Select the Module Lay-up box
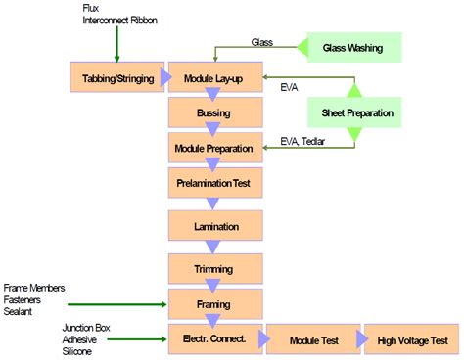tap(215, 78)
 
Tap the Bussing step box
tap(215, 113)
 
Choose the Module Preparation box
tap(215, 150)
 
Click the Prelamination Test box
tap(215, 183)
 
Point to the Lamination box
tap(215, 227)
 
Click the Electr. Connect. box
tap(215, 340)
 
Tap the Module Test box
tap(314, 340)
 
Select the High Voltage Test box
tap(411, 340)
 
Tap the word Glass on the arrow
tap(262, 43)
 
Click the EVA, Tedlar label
tap(303, 140)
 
